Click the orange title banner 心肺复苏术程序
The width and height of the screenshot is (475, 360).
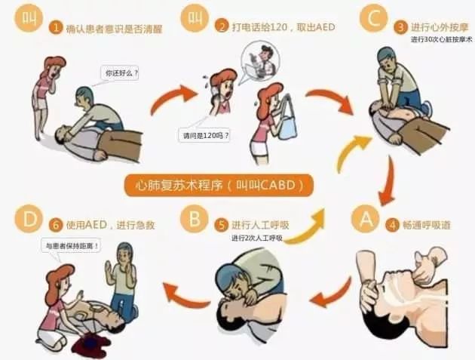click(219, 185)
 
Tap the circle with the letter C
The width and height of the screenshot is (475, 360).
click(373, 18)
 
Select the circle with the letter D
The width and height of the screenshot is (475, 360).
click(29, 219)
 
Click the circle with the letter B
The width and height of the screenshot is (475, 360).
click(195, 218)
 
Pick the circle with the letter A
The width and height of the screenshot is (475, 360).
click(366, 219)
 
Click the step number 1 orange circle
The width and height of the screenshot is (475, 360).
click(56, 28)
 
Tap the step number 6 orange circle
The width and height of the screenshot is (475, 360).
click(56, 226)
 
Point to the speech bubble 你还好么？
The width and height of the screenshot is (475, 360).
click(120, 73)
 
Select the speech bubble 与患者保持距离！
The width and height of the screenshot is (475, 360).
click(72, 246)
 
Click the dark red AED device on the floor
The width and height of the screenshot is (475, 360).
click(91, 343)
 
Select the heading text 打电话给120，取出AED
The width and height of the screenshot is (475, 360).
click(283, 27)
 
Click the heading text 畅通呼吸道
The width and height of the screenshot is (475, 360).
click(427, 226)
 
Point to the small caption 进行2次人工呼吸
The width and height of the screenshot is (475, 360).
click(257, 238)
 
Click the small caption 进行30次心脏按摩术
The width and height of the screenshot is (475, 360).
click(441, 39)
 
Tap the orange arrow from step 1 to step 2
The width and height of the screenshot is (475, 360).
click(173, 97)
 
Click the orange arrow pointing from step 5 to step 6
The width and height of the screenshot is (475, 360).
click(185, 294)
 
